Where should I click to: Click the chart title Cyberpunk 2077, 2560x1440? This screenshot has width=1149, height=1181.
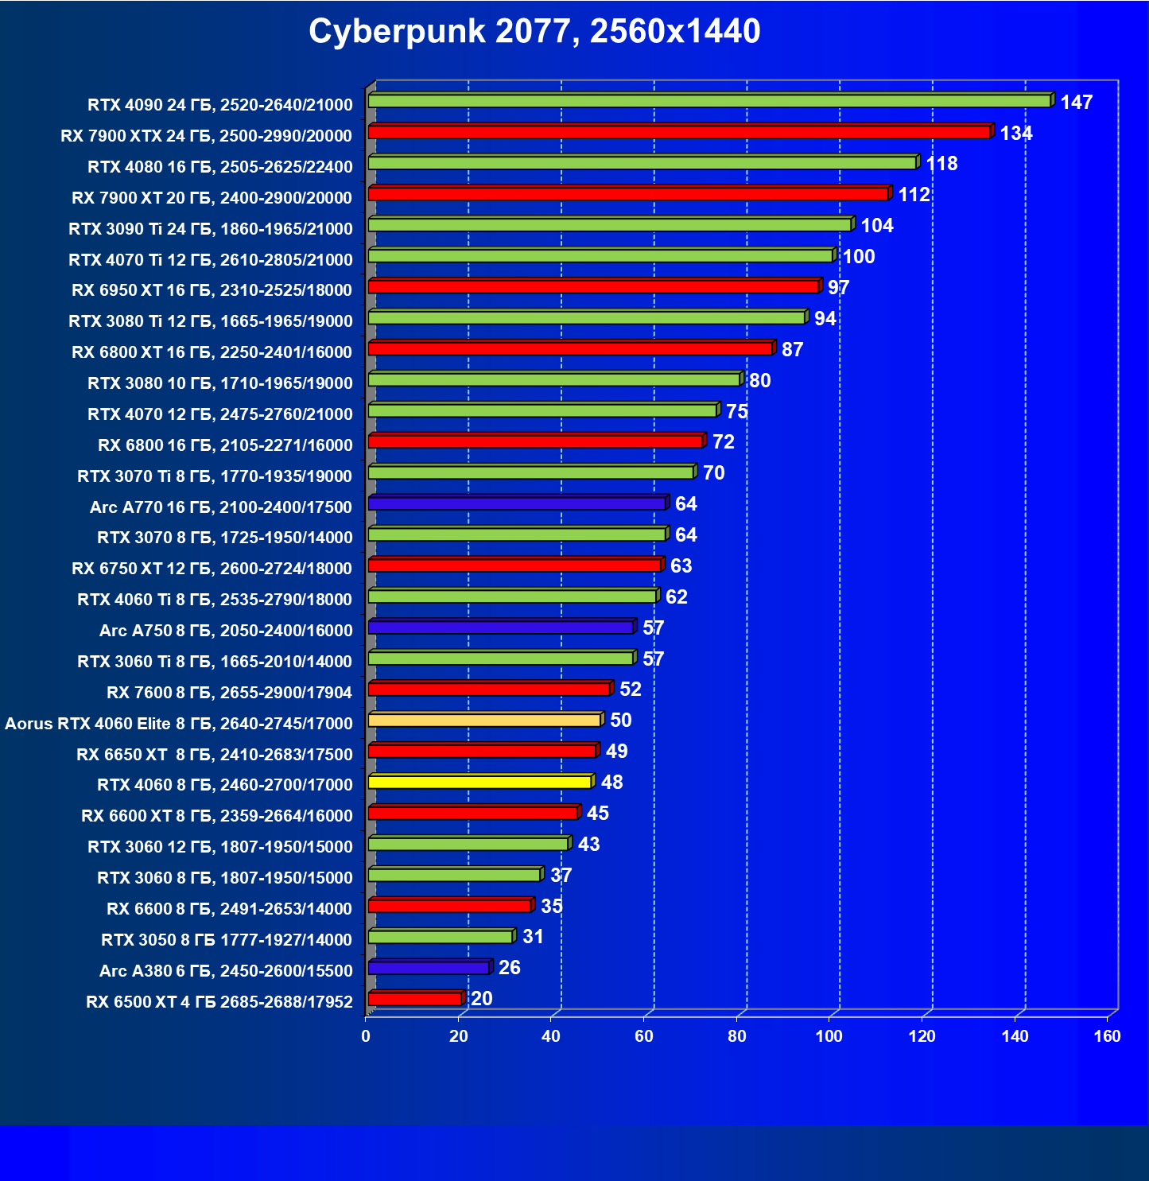coord(534,32)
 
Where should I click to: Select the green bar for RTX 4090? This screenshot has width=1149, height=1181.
coord(709,101)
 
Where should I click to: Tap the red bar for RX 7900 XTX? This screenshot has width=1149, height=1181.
coord(679,132)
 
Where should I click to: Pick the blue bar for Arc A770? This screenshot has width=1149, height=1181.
coord(517,503)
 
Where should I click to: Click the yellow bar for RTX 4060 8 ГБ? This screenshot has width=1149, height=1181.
coord(479,783)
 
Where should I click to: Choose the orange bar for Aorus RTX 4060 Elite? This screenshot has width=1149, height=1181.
coord(484,721)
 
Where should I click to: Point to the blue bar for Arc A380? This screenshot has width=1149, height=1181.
coord(429,968)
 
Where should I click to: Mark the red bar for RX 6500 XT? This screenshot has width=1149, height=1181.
coord(414,999)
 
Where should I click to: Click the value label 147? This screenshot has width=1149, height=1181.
coord(1076,103)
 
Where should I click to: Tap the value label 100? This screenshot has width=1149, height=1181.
coord(858,257)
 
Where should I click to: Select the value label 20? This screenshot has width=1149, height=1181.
coord(481,999)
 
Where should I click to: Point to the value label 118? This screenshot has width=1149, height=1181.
coord(941,164)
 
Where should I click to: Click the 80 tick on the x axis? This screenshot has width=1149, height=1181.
coord(736,1036)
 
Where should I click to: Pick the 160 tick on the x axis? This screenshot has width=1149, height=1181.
coord(1107,1036)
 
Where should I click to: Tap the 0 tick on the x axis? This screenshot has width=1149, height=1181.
coord(366,1036)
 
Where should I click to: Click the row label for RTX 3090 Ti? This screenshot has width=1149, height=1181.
coord(211,229)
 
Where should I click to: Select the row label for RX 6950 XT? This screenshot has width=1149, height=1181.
coord(212,290)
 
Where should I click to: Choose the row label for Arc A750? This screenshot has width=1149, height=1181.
coord(226,631)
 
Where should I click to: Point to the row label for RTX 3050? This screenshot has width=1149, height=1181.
coord(227,940)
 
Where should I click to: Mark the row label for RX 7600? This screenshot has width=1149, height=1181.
coord(229,693)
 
